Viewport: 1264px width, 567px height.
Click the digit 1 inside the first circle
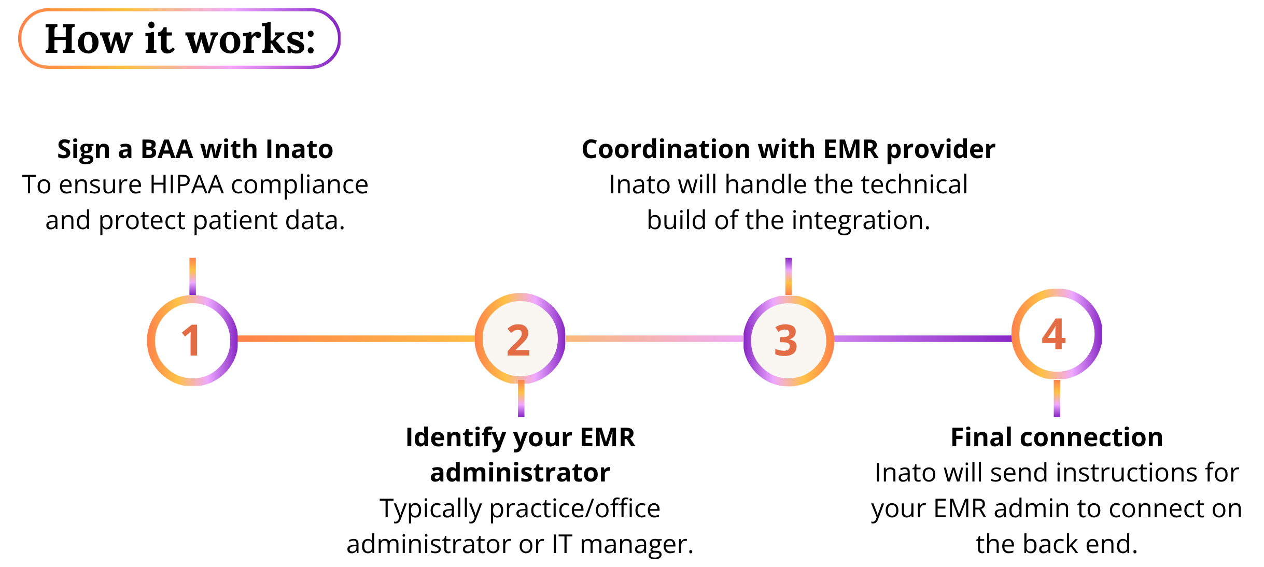(192, 341)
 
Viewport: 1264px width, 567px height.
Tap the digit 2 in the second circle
(518, 340)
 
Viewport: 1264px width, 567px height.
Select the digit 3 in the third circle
(786, 341)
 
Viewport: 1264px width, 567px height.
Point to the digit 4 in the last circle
(1054, 334)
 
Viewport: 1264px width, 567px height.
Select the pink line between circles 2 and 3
(654, 339)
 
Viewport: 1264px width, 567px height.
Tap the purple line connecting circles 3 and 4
(923, 339)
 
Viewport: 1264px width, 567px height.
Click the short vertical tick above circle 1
(192, 276)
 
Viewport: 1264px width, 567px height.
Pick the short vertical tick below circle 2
(521, 399)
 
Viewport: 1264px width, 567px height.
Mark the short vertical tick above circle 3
(788, 276)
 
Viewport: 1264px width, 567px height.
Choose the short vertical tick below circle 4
(1057, 399)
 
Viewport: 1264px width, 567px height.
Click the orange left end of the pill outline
(20, 38)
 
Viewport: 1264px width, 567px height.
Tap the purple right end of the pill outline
(339, 38)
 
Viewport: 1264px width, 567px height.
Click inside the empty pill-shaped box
(179, 38)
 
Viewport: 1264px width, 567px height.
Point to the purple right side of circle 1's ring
(234, 341)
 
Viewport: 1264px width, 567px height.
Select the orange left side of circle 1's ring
(151, 341)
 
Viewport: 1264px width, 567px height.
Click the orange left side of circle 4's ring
(1015, 334)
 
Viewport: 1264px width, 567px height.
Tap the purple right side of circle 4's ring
(1098, 334)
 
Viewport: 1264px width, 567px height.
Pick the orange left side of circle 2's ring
(479, 339)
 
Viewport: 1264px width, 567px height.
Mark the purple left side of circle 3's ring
(747, 341)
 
